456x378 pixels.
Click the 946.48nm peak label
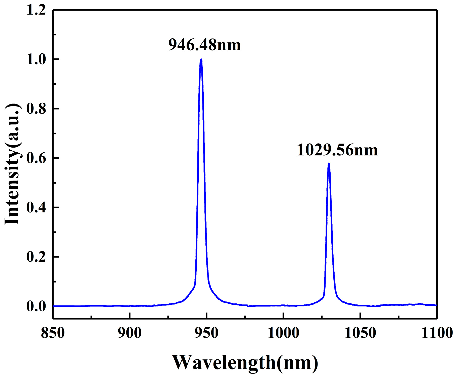point(204,45)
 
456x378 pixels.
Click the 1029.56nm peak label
point(337,150)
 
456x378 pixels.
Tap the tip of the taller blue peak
point(201,59)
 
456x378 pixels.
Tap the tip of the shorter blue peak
point(329,163)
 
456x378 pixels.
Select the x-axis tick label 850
point(53,333)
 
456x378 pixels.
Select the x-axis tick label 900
point(129,333)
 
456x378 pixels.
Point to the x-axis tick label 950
point(206,333)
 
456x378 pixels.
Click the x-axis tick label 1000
point(283,333)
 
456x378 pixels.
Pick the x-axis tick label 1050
point(360,333)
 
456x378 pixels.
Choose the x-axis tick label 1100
point(437,333)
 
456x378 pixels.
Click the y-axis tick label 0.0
point(36,306)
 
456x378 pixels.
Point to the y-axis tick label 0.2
point(36,257)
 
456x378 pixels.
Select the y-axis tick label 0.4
point(36,208)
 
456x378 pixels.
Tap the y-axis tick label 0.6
point(36,158)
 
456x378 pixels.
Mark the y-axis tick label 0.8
point(36,109)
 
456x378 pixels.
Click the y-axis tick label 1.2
point(36,10)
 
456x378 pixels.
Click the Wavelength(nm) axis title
point(245,363)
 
